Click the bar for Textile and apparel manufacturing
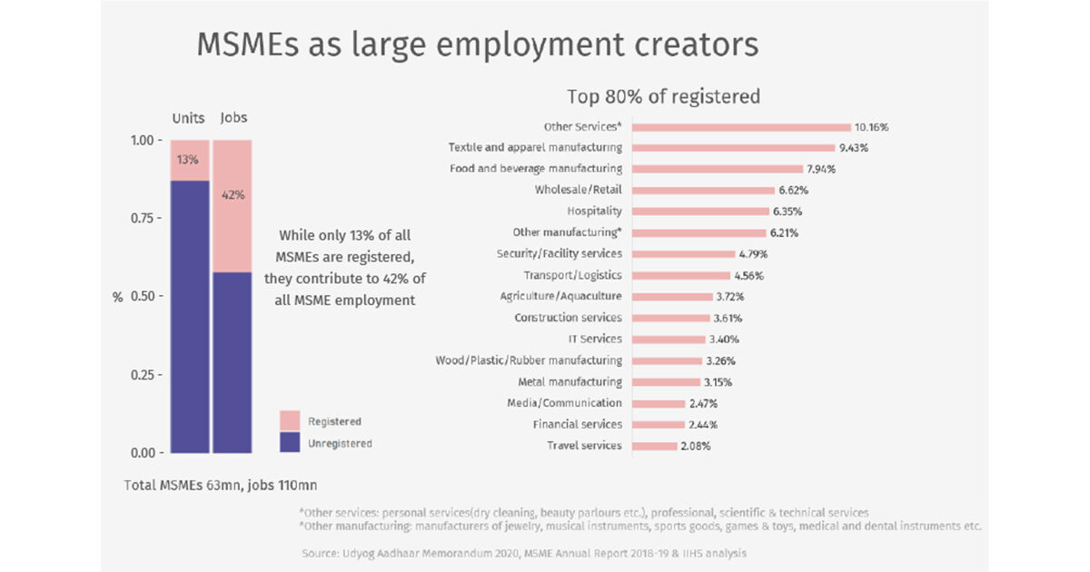pos(732,148)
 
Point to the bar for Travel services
pos(654,446)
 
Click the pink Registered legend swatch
pos(290,420)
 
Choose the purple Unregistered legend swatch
pos(290,443)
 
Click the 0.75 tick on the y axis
pos(144,219)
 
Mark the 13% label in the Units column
pos(188,160)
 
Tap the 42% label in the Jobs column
pos(233,194)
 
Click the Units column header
pos(189,118)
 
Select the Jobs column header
pos(233,118)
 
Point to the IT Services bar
pos(668,340)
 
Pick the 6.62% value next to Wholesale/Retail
pos(793,191)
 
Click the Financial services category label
pos(577,424)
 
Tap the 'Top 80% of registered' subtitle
pos(663,96)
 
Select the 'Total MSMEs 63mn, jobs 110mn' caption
pos(221,485)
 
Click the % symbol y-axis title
pos(117,297)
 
